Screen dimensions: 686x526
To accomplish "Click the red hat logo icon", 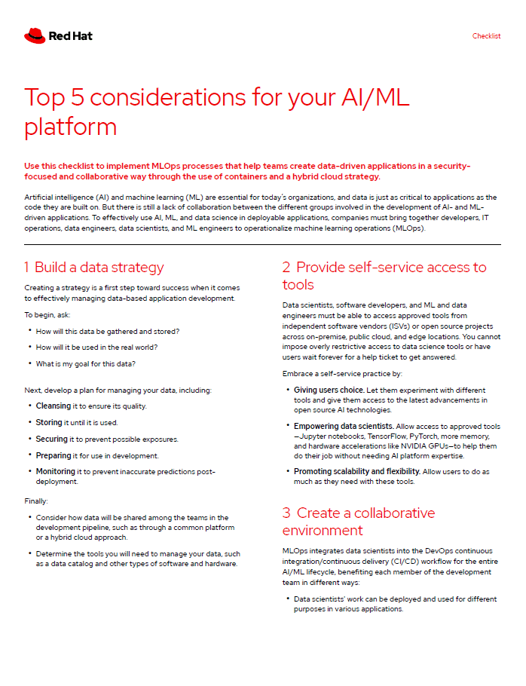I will tap(35, 35).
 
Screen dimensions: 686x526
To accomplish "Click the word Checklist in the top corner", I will tap(486, 36).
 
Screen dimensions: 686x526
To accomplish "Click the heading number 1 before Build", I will tap(26, 267).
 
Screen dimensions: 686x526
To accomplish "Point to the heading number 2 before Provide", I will tap(286, 267).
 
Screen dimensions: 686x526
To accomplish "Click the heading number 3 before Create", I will tap(286, 513).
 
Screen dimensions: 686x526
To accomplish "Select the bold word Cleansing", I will tap(54, 406).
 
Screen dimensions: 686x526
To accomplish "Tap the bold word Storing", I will tap(49, 422).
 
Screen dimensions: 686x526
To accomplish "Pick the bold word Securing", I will tap(51, 439).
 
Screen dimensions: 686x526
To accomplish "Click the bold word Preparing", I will tap(53, 455).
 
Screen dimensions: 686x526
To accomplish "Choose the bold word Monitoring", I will tap(55, 472).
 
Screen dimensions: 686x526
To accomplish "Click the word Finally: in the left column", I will tap(36, 500).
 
